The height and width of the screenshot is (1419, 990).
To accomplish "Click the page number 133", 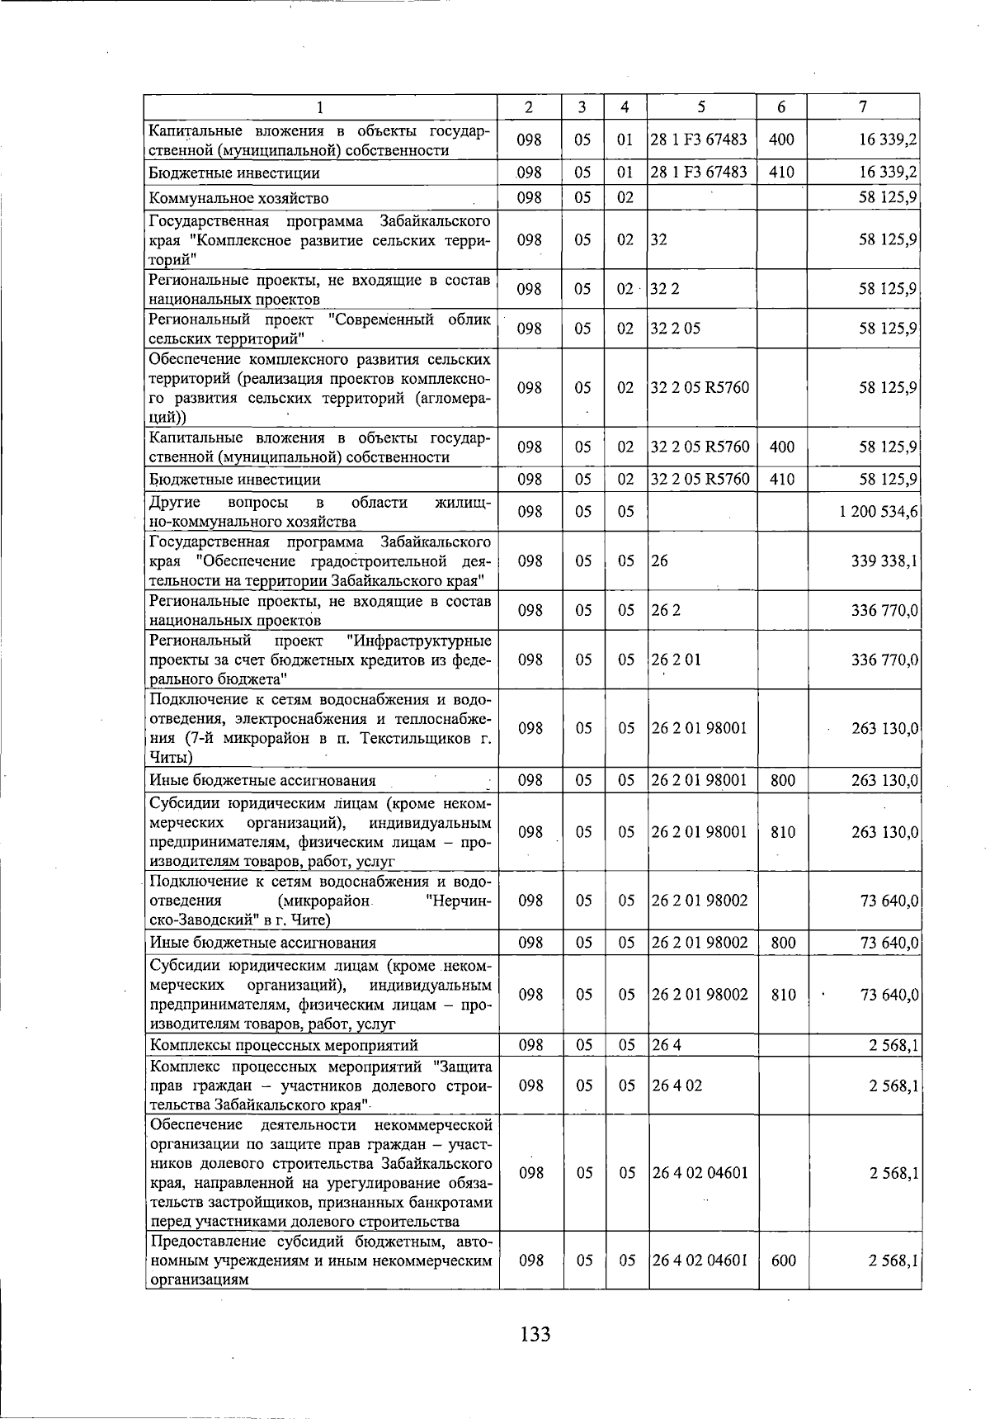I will coord(535,1334).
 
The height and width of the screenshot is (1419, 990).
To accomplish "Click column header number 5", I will coord(700,106).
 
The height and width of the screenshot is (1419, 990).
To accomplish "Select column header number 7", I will coord(862,106).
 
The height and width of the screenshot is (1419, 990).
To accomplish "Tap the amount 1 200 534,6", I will coord(879,512).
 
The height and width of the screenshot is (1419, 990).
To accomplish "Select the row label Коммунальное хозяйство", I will coord(238,198).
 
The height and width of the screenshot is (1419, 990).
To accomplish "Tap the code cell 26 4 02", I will coord(676,1086).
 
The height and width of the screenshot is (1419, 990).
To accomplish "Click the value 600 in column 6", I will coord(782,1261).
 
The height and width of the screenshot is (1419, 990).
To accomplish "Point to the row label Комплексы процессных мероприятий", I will coord(284,1046).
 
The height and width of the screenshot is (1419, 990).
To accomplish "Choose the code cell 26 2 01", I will coord(676,660).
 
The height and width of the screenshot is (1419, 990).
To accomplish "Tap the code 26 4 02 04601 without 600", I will coord(700,1172).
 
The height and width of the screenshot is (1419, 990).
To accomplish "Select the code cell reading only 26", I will coord(659,561).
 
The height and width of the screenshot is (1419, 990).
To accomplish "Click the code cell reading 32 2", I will coord(665,289).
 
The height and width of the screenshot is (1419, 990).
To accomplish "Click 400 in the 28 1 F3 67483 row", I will coord(780,140).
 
